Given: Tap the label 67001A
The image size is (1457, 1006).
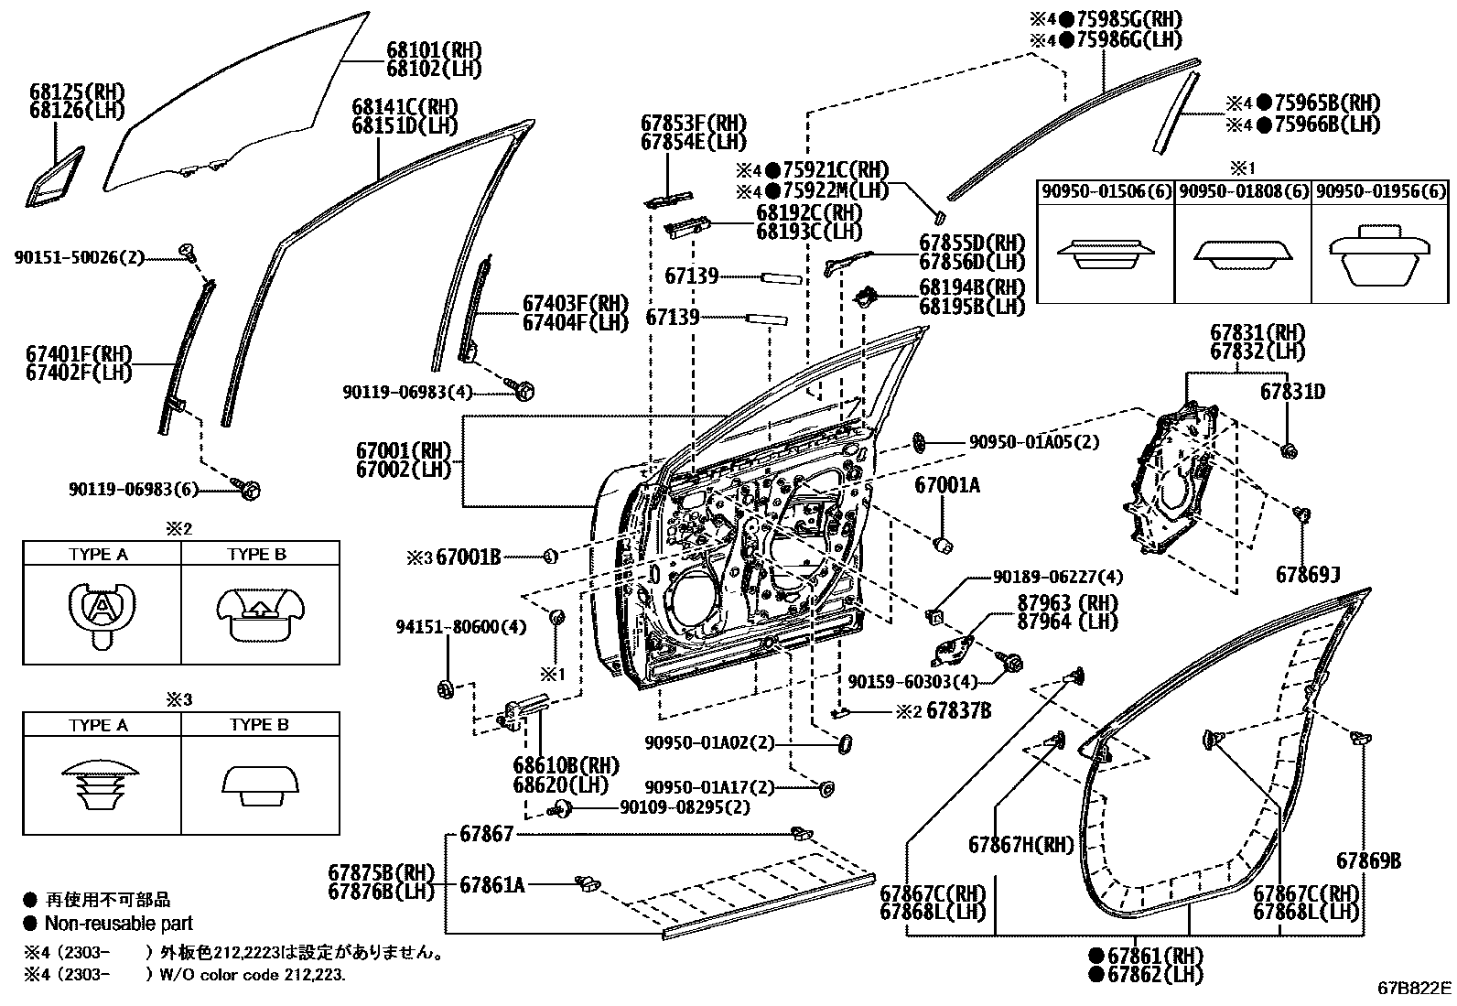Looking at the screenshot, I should click(x=946, y=485).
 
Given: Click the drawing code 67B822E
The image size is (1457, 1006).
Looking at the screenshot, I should click(x=1415, y=989).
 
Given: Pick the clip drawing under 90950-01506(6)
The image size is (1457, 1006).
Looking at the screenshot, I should click(x=1106, y=254).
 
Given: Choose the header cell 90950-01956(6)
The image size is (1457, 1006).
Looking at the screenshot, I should click(x=1380, y=191).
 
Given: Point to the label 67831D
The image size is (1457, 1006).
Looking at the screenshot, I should click(x=1292, y=392).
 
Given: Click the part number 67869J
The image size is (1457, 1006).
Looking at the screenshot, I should click(x=1308, y=574).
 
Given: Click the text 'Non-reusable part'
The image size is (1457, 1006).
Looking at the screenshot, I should click(x=119, y=924).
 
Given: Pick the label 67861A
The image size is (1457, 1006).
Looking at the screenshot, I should click(x=492, y=884).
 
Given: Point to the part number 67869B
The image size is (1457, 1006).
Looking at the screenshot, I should click(x=1368, y=860).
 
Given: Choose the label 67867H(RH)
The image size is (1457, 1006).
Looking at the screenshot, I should click(x=1020, y=844).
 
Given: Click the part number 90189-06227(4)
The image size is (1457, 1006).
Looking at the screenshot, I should click(x=1057, y=577).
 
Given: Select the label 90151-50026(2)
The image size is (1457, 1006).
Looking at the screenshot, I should click(x=80, y=258).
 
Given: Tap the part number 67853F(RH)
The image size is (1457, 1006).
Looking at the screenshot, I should click(x=693, y=123).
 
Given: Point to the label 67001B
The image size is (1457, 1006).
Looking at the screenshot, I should click(x=468, y=556).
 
